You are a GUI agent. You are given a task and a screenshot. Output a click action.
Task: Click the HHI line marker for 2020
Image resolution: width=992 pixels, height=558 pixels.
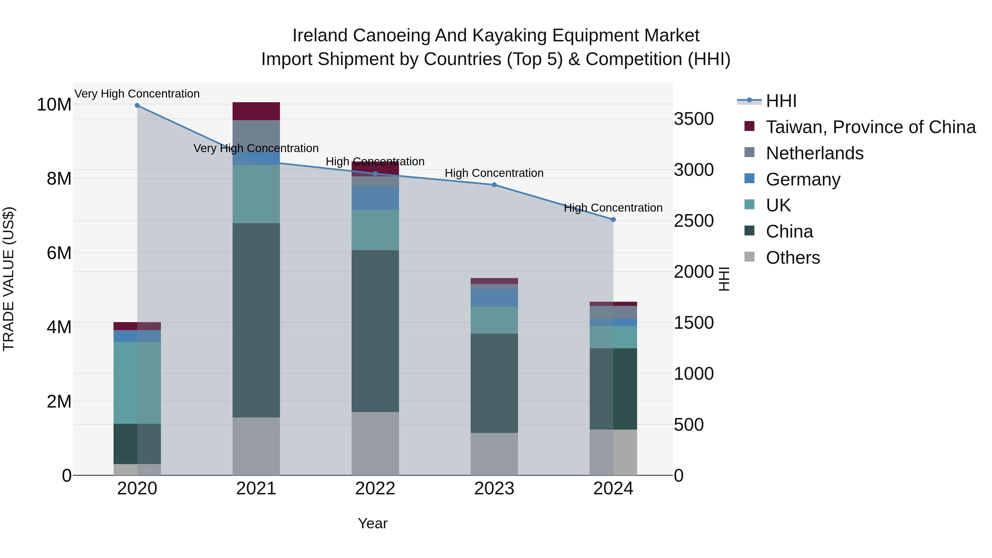(137, 105)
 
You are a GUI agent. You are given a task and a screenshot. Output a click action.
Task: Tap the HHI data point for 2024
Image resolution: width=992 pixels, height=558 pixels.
(613, 220)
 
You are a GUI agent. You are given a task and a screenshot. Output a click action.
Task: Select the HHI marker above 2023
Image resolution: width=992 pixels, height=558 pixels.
(494, 185)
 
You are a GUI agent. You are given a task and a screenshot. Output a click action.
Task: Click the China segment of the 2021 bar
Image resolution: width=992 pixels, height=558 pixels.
(256, 320)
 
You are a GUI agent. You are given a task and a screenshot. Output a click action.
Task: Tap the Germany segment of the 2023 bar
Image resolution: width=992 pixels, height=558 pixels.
(494, 298)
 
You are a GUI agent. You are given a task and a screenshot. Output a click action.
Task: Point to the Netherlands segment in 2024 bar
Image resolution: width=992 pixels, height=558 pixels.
(613, 312)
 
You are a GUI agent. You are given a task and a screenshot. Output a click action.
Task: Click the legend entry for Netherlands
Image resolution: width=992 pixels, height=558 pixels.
(815, 153)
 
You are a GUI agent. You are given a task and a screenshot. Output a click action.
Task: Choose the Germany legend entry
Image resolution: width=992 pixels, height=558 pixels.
(803, 179)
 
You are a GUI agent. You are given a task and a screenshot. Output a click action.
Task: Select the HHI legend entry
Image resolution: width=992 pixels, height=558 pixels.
(781, 101)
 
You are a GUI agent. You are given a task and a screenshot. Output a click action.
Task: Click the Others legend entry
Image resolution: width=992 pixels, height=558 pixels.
(792, 258)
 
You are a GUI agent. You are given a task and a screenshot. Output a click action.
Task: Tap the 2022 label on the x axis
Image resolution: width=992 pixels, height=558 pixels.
(375, 489)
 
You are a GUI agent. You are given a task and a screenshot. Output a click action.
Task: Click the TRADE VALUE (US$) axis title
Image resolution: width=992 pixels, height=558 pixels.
(9, 279)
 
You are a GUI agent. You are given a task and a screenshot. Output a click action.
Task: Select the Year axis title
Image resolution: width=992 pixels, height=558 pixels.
(372, 523)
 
